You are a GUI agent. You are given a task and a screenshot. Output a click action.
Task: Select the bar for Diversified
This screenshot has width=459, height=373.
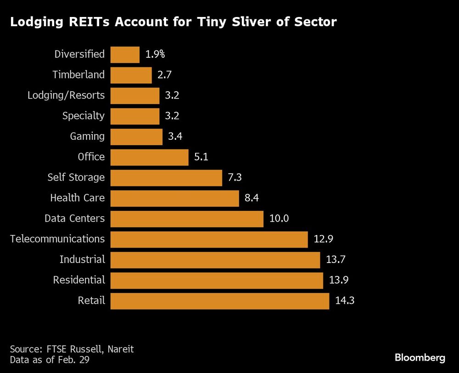[x=125, y=55]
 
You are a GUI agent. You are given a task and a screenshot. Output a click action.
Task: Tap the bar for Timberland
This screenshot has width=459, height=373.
[x=131, y=75]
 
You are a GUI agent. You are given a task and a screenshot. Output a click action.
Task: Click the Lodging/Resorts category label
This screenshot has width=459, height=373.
[x=66, y=95]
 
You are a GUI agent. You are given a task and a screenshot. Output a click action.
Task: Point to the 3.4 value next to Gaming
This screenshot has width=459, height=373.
[x=176, y=137]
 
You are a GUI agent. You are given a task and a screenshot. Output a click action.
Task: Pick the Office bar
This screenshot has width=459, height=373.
[x=149, y=157]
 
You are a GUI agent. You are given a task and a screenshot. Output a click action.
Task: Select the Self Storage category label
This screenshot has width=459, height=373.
[x=76, y=177]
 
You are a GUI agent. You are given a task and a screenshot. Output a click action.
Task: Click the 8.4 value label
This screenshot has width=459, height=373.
[x=252, y=198]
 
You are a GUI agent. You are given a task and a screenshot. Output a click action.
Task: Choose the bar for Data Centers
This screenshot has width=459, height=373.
[x=187, y=219]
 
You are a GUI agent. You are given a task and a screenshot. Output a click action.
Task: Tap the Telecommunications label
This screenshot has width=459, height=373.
[x=57, y=239]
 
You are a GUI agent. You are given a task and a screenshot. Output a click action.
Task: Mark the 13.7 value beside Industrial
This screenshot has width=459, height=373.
[x=335, y=260]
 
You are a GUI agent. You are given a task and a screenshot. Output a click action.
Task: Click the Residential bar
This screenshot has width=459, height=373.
[x=217, y=280]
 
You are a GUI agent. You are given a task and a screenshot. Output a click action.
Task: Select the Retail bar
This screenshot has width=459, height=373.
[x=219, y=301]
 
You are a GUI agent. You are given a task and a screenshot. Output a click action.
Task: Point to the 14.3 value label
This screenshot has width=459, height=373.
[x=344, y=301]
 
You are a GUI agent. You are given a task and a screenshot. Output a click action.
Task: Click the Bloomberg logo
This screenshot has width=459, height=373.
[x=420, y=358]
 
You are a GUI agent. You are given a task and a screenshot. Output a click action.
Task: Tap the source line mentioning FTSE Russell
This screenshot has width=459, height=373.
[x=72, y=349]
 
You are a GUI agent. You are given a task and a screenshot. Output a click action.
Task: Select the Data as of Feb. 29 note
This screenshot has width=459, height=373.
[x=50, y=360]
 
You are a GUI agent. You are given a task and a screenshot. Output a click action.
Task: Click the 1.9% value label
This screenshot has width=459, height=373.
[x=155, y=55]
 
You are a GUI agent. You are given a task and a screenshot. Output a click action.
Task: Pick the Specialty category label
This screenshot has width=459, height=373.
[x=84, y=116]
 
